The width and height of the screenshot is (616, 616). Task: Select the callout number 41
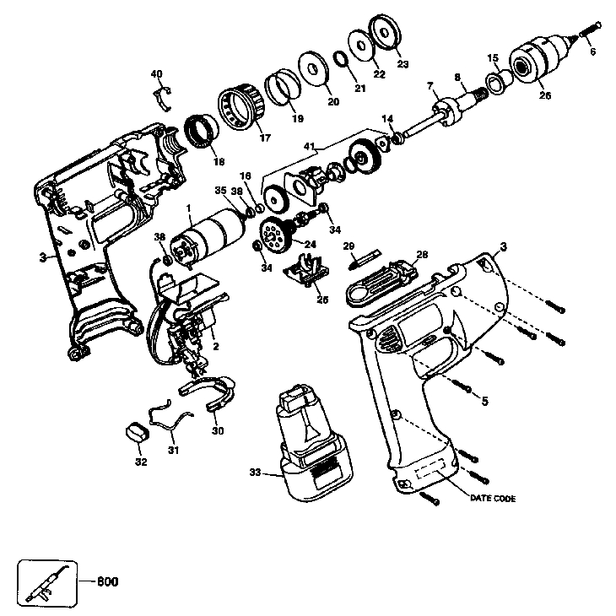point(311,147)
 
